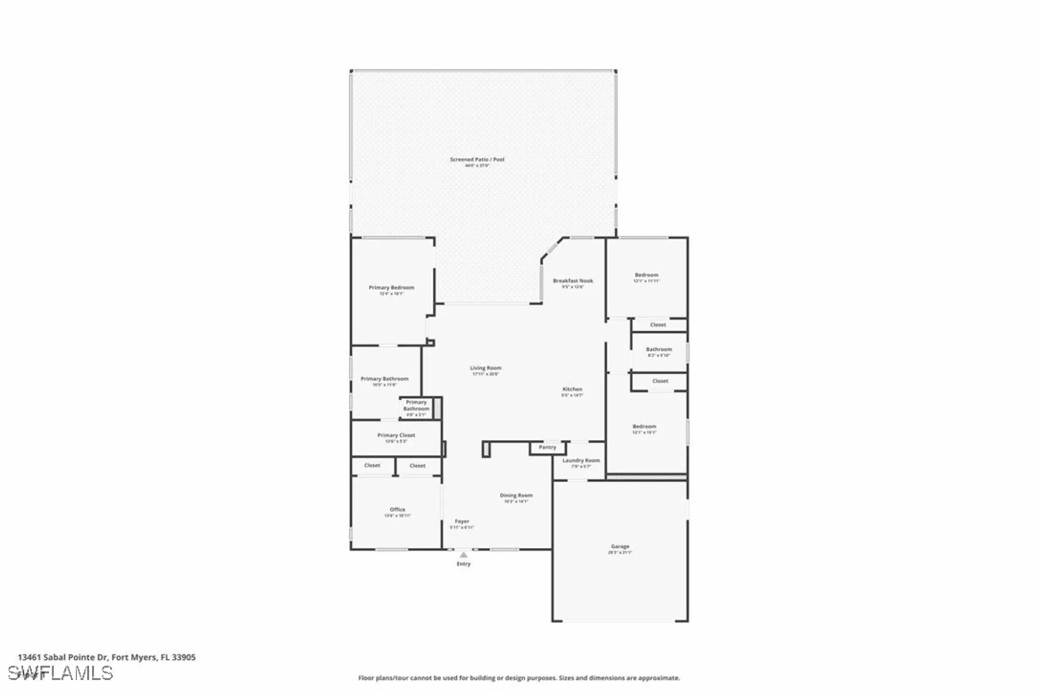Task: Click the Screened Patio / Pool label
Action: pos(477,160)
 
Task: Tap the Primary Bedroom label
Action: pos(391,288)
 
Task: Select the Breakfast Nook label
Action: pos(573,281)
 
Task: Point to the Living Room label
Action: pos(486,368)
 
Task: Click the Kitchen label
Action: pos(572,389)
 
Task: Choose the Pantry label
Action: pos(548,447)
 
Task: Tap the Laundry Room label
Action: pos(581,460)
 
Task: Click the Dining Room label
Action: pos(516,495)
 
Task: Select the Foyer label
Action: pos(462,521)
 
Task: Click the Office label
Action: pos(398,510)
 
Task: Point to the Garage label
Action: pos(620,547)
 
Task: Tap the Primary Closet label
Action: pos(396,436)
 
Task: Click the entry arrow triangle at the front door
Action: pos(463,555)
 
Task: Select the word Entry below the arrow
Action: pos(463,564)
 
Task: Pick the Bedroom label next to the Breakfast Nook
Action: pos(647,275)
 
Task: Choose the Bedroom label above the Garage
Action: pos(645,427)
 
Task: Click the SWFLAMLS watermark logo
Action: pos(61,673)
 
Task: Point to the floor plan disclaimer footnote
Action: pos(519,678)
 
